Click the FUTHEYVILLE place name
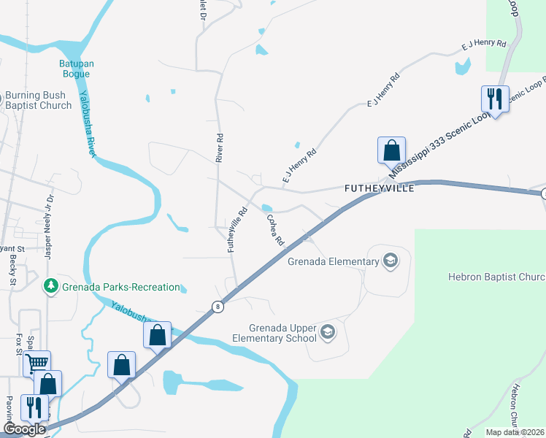pos(379,188)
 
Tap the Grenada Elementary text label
pos(333,261)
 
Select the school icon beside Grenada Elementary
pos(391,261)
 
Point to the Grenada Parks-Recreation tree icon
pos(50,287)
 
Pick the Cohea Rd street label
pos(274,230)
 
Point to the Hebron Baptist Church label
pos(496,277)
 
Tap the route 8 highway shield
pos(218,307)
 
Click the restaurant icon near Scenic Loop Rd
pos(494,99)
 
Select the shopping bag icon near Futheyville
pos(391,150)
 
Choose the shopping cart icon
pos(36,362)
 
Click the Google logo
pos(24,429)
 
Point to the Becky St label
pos(13,270)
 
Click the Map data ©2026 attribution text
pos(515,432)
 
